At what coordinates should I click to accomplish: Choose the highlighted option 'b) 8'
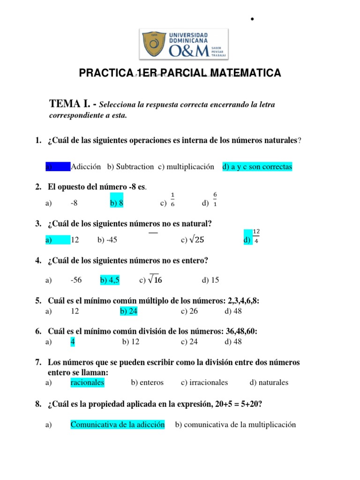pyautogui.click(x=117, y=203)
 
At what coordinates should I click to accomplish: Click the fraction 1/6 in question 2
pyautogui.click(x=172, y=199)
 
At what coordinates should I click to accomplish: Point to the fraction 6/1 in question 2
pyautogui.click(x=215, y=199)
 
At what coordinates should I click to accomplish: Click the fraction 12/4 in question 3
pyautogui.click(x=256, y=236)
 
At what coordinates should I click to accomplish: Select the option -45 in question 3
pyautogui.click(x=112, y=240)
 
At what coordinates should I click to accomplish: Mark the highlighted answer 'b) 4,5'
pyautogui.click(x=110, y=280)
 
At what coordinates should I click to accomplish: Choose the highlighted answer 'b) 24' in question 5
pyautogui.click(x=129, y=311)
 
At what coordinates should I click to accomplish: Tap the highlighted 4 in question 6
pyautogui.click(x=73, y=342)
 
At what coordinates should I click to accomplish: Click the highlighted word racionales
pyautogui.click(x=88, y=382)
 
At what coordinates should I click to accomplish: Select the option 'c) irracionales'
pyautogui.click(x=204, y=382)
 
